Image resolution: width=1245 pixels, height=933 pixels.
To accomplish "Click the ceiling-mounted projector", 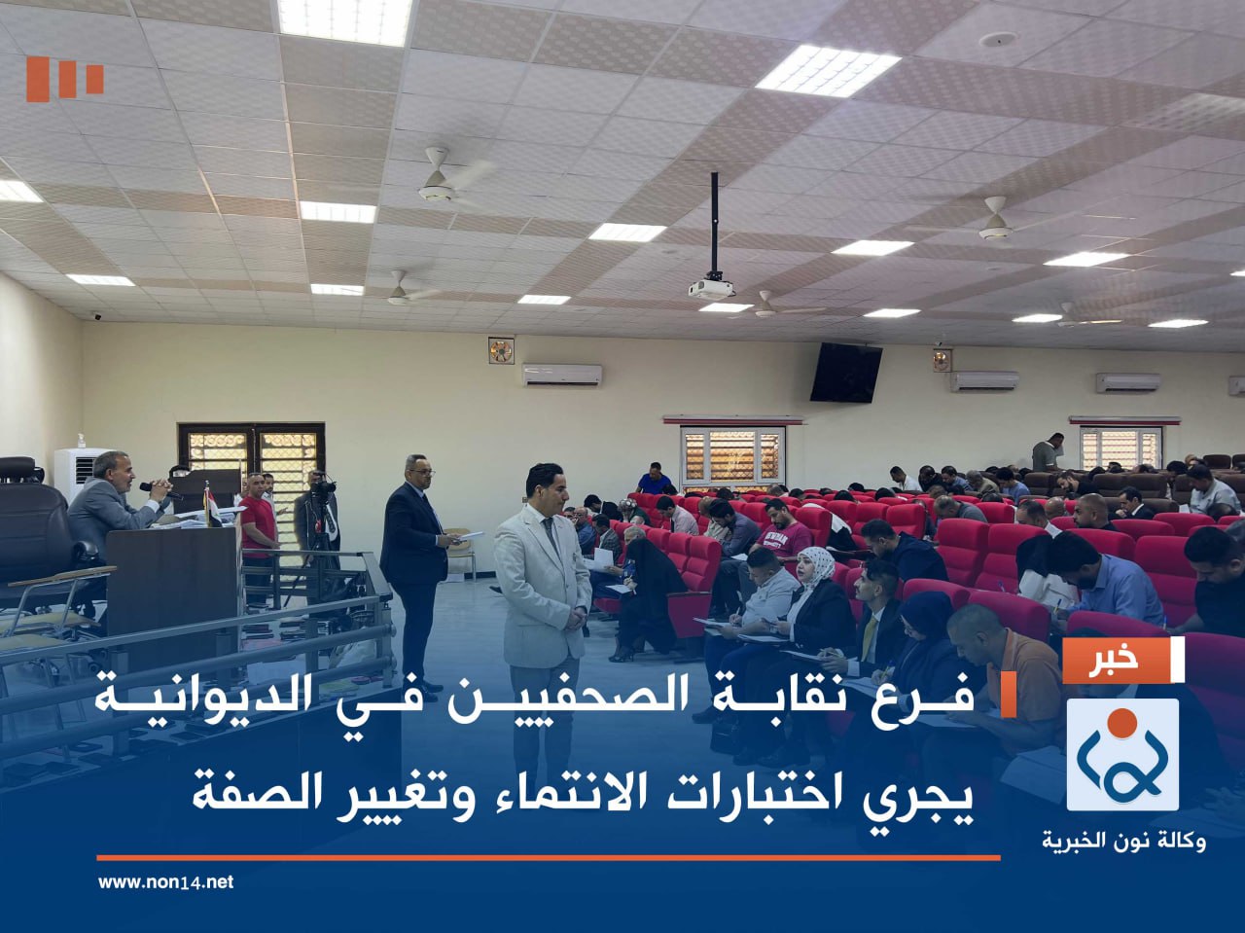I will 711,289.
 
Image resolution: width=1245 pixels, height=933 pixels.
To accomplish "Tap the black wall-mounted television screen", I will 845,373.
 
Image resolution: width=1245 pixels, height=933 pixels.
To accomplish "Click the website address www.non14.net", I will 165,882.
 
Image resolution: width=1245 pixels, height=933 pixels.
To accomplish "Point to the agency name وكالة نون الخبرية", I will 1123,841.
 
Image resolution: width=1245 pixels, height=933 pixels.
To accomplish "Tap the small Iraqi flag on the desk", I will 211,505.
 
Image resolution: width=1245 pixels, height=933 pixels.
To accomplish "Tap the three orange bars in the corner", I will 65,78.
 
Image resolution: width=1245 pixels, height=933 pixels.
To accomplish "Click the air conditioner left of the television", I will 561,375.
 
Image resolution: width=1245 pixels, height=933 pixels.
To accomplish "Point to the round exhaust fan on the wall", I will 501,350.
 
